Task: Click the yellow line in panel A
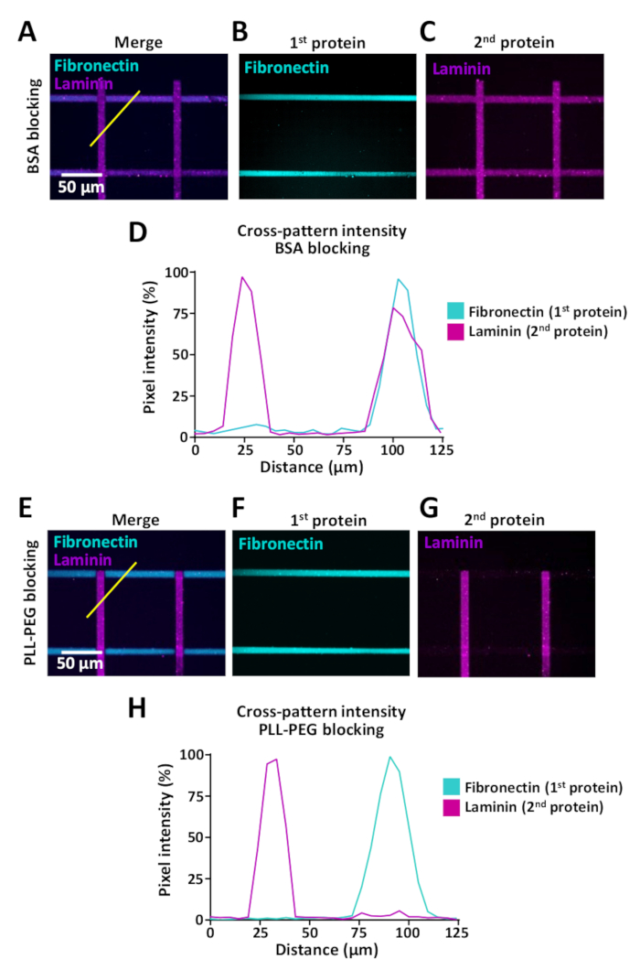[114, 118]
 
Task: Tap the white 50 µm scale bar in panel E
[80, 651]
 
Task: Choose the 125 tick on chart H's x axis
[457, 933]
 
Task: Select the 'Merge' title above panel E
[137, 519]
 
